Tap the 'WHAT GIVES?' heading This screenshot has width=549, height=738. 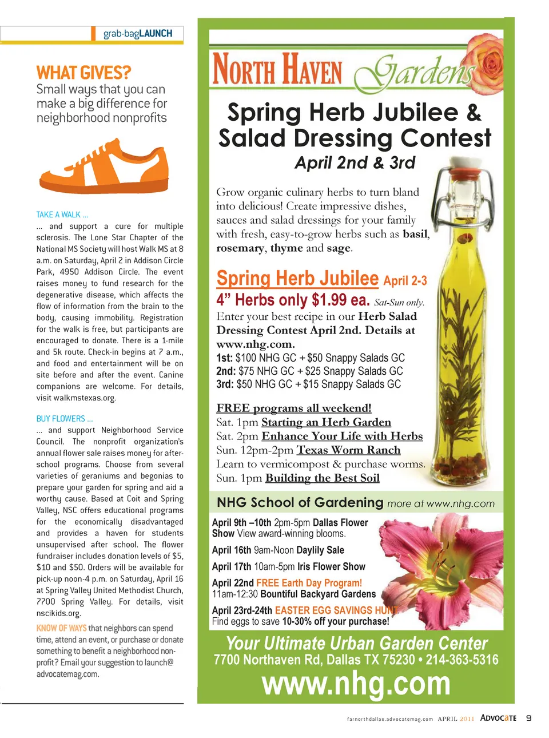83,73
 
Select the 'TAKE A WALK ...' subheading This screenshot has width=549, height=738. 62,215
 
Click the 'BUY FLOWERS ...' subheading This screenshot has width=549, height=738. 65,419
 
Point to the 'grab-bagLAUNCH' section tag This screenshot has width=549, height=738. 138,34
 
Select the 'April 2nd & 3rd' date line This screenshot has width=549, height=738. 355,163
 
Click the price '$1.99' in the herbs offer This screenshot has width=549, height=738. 329,300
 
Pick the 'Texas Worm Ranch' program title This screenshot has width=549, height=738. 348,450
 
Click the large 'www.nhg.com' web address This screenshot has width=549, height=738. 356,684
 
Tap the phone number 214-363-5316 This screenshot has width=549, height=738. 462,660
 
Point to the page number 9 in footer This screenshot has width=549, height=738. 528,718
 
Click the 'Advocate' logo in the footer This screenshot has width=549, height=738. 498,718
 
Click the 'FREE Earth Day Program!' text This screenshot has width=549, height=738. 309,583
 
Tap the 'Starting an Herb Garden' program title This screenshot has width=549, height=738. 326,422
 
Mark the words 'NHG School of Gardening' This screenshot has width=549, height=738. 300,503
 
